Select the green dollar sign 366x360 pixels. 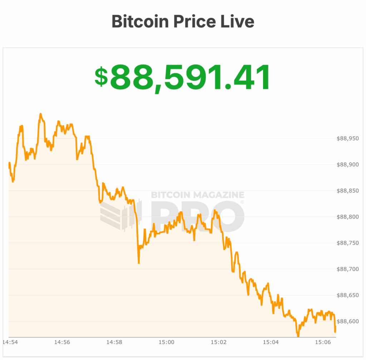[101, 77]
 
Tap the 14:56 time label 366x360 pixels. [62, 342]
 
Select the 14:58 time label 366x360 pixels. [114, 342]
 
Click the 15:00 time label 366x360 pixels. [166, 342]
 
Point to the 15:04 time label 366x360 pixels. [271, 342]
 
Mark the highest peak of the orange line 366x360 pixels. [40, 114]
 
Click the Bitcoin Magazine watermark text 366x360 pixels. [198, 195]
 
